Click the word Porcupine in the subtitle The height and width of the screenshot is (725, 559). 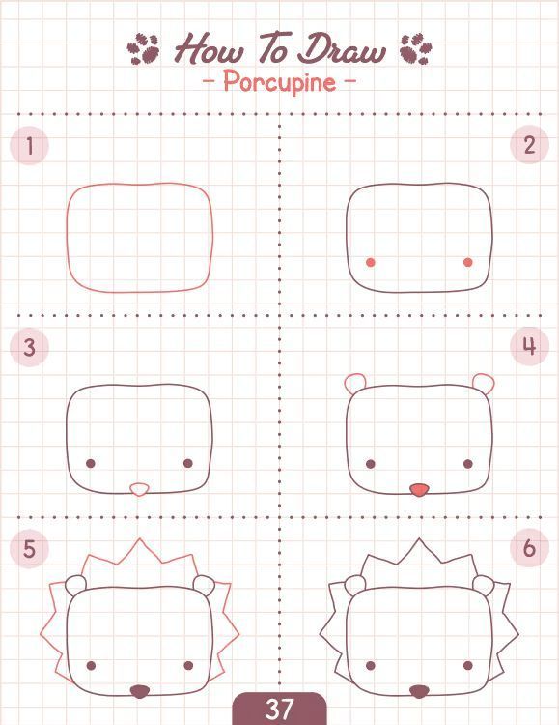point(280,83)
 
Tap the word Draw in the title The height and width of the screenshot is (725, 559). point(342,48)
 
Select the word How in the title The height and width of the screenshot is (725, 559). point(209,48)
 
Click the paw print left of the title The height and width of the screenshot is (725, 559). point(143,48)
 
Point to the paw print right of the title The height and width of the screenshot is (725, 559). point(416,48)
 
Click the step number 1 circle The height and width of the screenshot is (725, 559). point(29,145)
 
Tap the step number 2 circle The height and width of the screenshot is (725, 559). point(529,145)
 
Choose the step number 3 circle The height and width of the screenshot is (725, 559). point(29,347)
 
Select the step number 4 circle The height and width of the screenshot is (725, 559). point(529,346)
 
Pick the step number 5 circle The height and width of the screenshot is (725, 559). point(29,549)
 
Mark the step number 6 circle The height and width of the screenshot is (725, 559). point(529,548)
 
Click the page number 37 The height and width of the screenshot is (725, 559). point(279,709)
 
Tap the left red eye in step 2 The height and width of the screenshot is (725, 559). point(371,262)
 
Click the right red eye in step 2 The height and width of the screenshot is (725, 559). point(467,262)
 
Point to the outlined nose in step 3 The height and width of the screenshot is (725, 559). point(139,489)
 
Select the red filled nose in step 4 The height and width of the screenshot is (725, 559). point(419,489)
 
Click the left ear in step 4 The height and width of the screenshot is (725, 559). point(354,382)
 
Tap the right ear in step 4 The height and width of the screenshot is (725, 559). point(484,382)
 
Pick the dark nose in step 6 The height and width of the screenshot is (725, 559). point(419,691)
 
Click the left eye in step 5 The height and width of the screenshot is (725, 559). point(91,665)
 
